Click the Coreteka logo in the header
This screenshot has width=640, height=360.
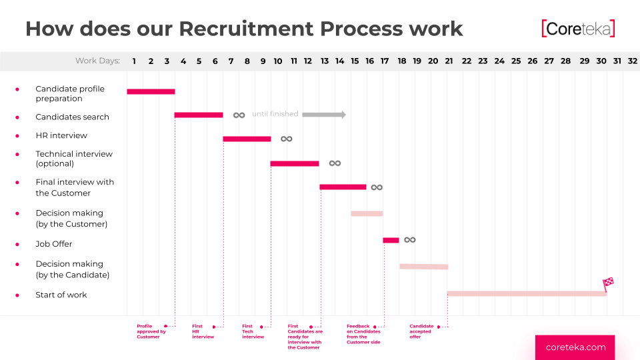point(578,29)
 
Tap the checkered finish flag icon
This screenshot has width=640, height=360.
point(608,283)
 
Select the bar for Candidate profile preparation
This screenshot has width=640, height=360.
point(151,91)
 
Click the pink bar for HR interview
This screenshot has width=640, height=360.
point(247,139)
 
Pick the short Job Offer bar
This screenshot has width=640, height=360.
point(391,240)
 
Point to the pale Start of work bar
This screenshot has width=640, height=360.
point(527,293)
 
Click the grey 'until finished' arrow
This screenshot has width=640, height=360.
point(324,115)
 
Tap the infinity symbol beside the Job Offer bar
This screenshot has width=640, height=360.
point(410,239)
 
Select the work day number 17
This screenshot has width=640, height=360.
point(385,61)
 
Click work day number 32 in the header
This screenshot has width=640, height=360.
point(633,61)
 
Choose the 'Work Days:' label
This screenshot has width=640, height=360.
point(97,61)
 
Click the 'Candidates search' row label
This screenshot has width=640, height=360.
point(72,117)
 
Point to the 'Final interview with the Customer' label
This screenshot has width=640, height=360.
point(75,187)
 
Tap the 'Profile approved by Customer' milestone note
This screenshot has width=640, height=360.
point(151,331)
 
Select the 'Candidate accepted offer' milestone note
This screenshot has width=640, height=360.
point(421,331)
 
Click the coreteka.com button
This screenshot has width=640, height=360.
point(575,347)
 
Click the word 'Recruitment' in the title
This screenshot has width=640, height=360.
point(247,29)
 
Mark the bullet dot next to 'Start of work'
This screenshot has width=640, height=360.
point(17,295)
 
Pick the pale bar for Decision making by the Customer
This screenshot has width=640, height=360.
point(367,213)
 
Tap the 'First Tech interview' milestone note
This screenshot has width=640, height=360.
point(253,331)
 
